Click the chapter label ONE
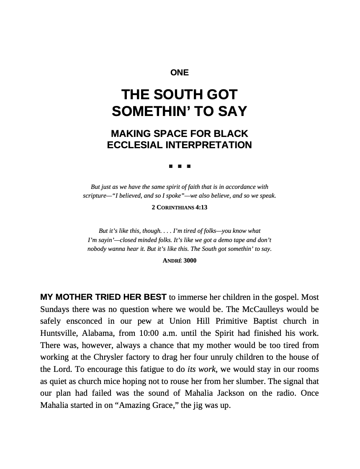(x=180, y=73)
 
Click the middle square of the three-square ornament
(x=180, y=166)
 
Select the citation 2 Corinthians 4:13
(x=180, y=207)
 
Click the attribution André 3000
(x=180, y=260)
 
